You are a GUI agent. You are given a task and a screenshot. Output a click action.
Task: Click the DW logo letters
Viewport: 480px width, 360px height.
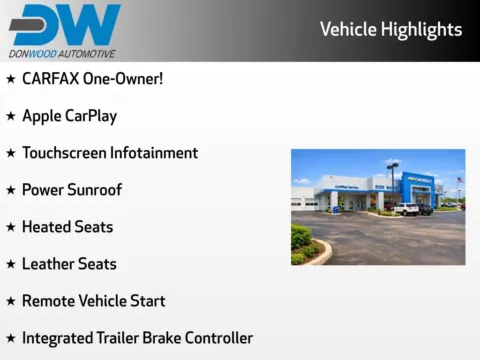click(64, 25)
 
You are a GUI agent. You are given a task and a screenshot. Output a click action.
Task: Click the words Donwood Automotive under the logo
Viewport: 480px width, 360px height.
click(62, 54)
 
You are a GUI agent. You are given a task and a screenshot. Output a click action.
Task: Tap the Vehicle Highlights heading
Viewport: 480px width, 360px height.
click(391, 29)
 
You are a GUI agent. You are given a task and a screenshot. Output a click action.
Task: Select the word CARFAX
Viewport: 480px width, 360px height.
click(51, 79)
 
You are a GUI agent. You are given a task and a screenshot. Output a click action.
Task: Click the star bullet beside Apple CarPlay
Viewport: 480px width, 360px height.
click(10, 116)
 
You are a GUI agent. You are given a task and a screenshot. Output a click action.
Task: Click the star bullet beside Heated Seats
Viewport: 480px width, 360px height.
click(10, 227)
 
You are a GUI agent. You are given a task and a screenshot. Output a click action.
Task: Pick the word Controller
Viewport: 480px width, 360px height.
click(220, 338)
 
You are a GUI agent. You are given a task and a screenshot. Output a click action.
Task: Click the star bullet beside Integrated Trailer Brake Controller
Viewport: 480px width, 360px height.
click(10, 338)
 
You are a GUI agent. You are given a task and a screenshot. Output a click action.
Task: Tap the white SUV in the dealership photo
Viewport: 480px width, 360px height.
click(406, 210)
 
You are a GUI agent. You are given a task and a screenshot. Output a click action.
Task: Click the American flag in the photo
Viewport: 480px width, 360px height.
click(459, 181)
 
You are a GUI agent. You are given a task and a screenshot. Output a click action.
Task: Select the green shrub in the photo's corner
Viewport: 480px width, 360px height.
click(301, 240)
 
